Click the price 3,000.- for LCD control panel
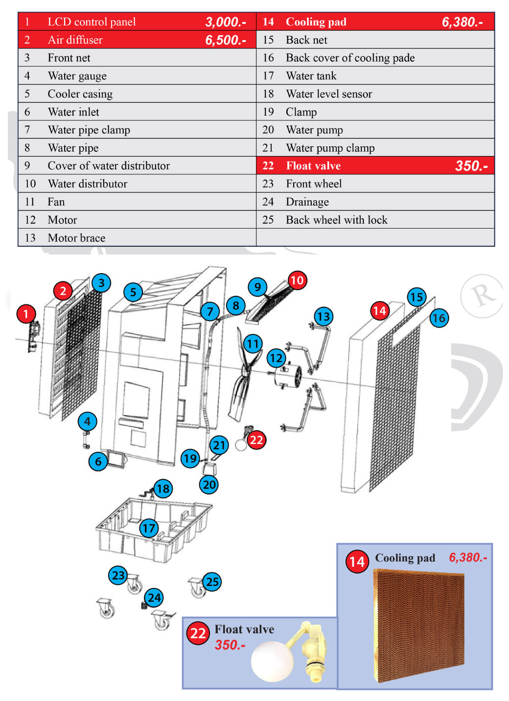pyautogui.click(x=226, y=22)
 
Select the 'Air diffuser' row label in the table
pyautogui.click(x=75, y=40)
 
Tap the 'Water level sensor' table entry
pyautogui.click(x=329, y=94)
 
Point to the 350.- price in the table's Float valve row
pyautogui.click(x=471, y=166)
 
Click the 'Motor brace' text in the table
pyautogui.click(x=76, y=238)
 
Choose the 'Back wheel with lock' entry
pyautogui.click(x=336, y=220)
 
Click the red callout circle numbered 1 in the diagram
pyautogui.click(x=26, y=313)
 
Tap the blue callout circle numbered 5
pyautogui.click(x=133, y=292)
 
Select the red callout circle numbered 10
pyautogui.click(x=297, y=280)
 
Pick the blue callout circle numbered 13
pyautogui.click(x=324, y=316)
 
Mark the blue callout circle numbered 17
pyautogui.click(x=149, y=528)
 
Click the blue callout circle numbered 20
pyautogui.click(x=209, y=485)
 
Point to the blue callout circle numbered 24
pyautogui.click(x=154, y=598)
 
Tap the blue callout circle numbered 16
pyautogui.click(x=439, y=318)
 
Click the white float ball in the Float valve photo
pyautogui.click(x=272, y=661)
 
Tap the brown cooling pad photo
pyautogui.click(x=418, y=627)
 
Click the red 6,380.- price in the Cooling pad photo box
pyautogui.click(x=468, y=558)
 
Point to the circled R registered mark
pyautogui.click(x=482, y=296)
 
